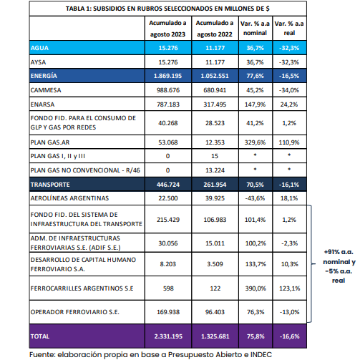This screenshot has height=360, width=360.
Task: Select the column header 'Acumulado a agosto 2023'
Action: click(167, 29)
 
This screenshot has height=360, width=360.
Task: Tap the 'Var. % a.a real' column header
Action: click(289, 28)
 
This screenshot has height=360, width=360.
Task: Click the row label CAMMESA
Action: click(46, 90)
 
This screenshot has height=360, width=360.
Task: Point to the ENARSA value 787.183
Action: click(168, 104)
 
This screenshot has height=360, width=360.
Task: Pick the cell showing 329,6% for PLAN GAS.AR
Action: click(255, 142)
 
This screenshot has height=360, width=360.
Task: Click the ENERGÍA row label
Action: click(44, 76)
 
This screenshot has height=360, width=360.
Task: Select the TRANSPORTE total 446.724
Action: click(168, 185)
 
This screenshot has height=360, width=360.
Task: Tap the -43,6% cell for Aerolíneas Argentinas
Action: click(255, 198)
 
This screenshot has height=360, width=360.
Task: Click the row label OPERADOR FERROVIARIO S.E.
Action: click(74, 312)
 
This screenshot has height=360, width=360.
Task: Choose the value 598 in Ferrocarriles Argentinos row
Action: click(168, 288)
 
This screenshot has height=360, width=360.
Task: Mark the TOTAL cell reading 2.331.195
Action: click(168, 336)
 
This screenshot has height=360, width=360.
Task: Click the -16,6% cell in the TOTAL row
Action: click(289, 336)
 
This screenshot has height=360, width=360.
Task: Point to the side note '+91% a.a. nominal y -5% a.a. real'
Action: click(339, 266)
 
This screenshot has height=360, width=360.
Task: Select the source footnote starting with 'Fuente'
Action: click(150, 355)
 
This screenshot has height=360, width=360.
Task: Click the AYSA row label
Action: click(38, 62)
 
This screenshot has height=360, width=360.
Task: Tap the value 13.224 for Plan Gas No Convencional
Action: click(215, 170)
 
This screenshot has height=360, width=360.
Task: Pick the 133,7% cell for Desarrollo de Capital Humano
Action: click(256, 264)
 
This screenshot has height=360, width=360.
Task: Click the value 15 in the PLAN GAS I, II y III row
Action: click(215, 156)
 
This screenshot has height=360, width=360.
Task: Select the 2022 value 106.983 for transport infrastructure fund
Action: click(215, 220)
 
